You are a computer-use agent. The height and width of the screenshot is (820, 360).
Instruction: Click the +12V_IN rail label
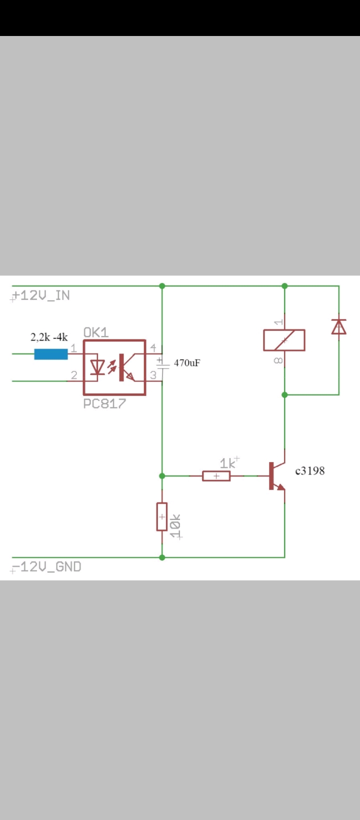coord(41,295)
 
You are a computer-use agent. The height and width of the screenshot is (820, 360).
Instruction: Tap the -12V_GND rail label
coord(46,566)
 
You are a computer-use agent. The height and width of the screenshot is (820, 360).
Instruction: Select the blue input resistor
coord(51,354)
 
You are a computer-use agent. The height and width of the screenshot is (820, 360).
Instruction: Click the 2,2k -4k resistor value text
coord(49,337)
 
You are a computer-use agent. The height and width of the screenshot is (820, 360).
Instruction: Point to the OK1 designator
coord(96,332)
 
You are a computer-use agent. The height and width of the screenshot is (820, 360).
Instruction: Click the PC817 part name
coord(104,403)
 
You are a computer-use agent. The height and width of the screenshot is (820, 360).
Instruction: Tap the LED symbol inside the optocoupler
coord(97,367)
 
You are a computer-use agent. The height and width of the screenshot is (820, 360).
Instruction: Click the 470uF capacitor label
coord(187,363)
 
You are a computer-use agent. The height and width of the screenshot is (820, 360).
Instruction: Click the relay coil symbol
coord(284,340)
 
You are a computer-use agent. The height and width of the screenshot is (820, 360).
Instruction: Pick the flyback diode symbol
coord(339,326)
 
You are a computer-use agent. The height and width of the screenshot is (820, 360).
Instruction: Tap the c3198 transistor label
coord(310,471)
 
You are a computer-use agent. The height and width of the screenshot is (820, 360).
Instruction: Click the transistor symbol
coord(277,476)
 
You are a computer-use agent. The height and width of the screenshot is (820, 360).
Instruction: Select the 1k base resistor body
coord(216,476)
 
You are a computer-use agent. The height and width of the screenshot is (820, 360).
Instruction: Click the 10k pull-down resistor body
coord(162,516)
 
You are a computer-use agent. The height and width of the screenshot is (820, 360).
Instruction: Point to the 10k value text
coord(176,526)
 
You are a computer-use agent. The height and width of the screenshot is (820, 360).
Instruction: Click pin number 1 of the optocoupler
coord(73,348)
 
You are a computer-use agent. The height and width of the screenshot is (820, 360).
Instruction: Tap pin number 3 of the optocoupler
coord(153,375)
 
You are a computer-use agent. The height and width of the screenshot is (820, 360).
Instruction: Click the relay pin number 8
coord(278,361)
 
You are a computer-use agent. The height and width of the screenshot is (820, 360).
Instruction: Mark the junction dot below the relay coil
coord(284,395)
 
